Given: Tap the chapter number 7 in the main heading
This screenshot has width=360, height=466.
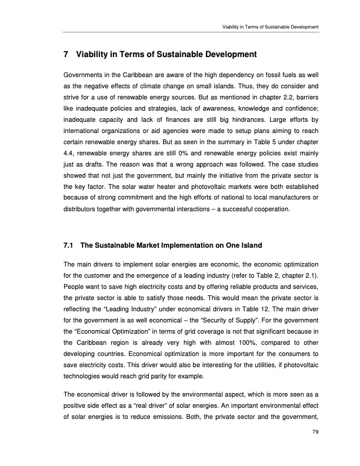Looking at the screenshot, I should (65, 55).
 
